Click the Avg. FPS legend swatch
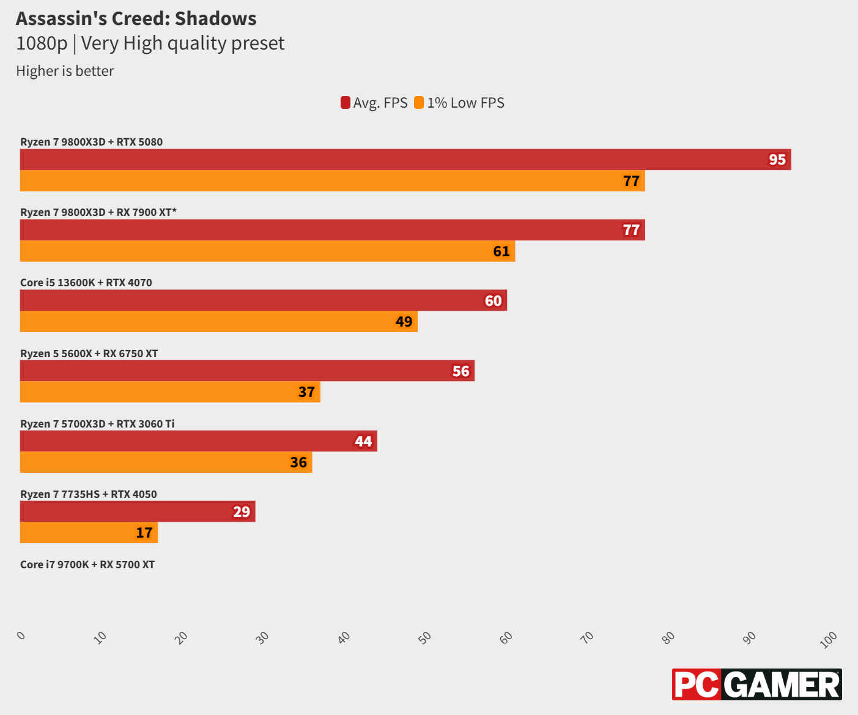346,103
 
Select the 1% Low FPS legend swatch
419,103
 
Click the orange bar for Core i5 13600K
218,322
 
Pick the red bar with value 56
247,371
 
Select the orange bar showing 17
89,533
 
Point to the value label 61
501,251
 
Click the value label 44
363,442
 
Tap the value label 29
242,512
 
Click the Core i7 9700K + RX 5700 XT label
87,565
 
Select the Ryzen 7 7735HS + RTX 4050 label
89,494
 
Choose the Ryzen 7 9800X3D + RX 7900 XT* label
98,212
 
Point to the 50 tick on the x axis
424,637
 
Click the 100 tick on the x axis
829,640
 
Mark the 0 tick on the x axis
21,635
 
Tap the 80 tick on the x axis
668,637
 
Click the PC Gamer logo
756,684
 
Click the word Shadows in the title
215,19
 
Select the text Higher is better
65,71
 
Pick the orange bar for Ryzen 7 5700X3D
166,462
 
